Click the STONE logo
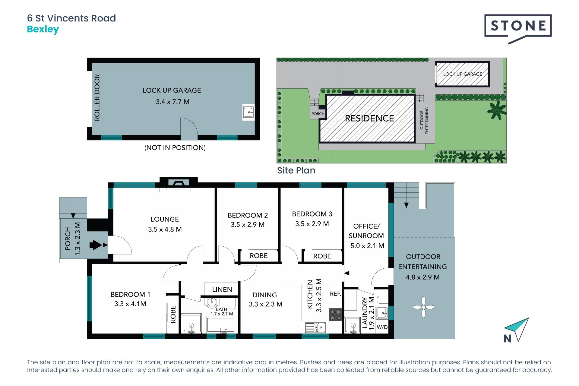click(518, 29)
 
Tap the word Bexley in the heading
click(43, 30)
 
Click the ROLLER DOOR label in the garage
click(97, 98)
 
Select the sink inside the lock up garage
click(248, 112)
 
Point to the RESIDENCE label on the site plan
click(369, 119)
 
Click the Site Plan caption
click(296, 170)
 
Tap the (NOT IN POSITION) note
click(175, 148)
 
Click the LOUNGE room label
click(165, 219)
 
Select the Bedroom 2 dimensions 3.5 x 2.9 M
click(248, 225)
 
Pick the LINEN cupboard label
click(222, 289)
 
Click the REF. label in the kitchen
click(335, 294)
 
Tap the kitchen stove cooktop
click(335, 315)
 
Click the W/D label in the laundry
click(382, 327)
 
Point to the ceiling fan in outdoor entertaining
click(424, 307)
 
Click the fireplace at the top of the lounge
click(179, 183)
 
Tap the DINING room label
click(264, 295)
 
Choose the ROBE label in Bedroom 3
click(322, 256)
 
